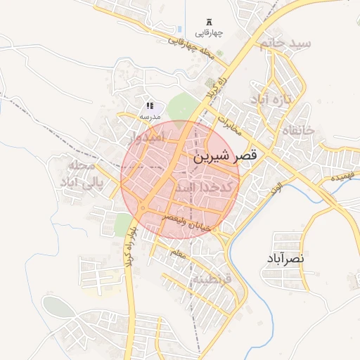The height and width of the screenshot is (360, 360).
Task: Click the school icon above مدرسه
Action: [150, 105]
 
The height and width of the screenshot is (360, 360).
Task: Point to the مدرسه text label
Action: [150, 115]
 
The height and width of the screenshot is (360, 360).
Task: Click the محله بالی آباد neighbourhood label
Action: [84, 175]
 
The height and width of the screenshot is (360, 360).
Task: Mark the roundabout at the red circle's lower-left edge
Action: [142, 209]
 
